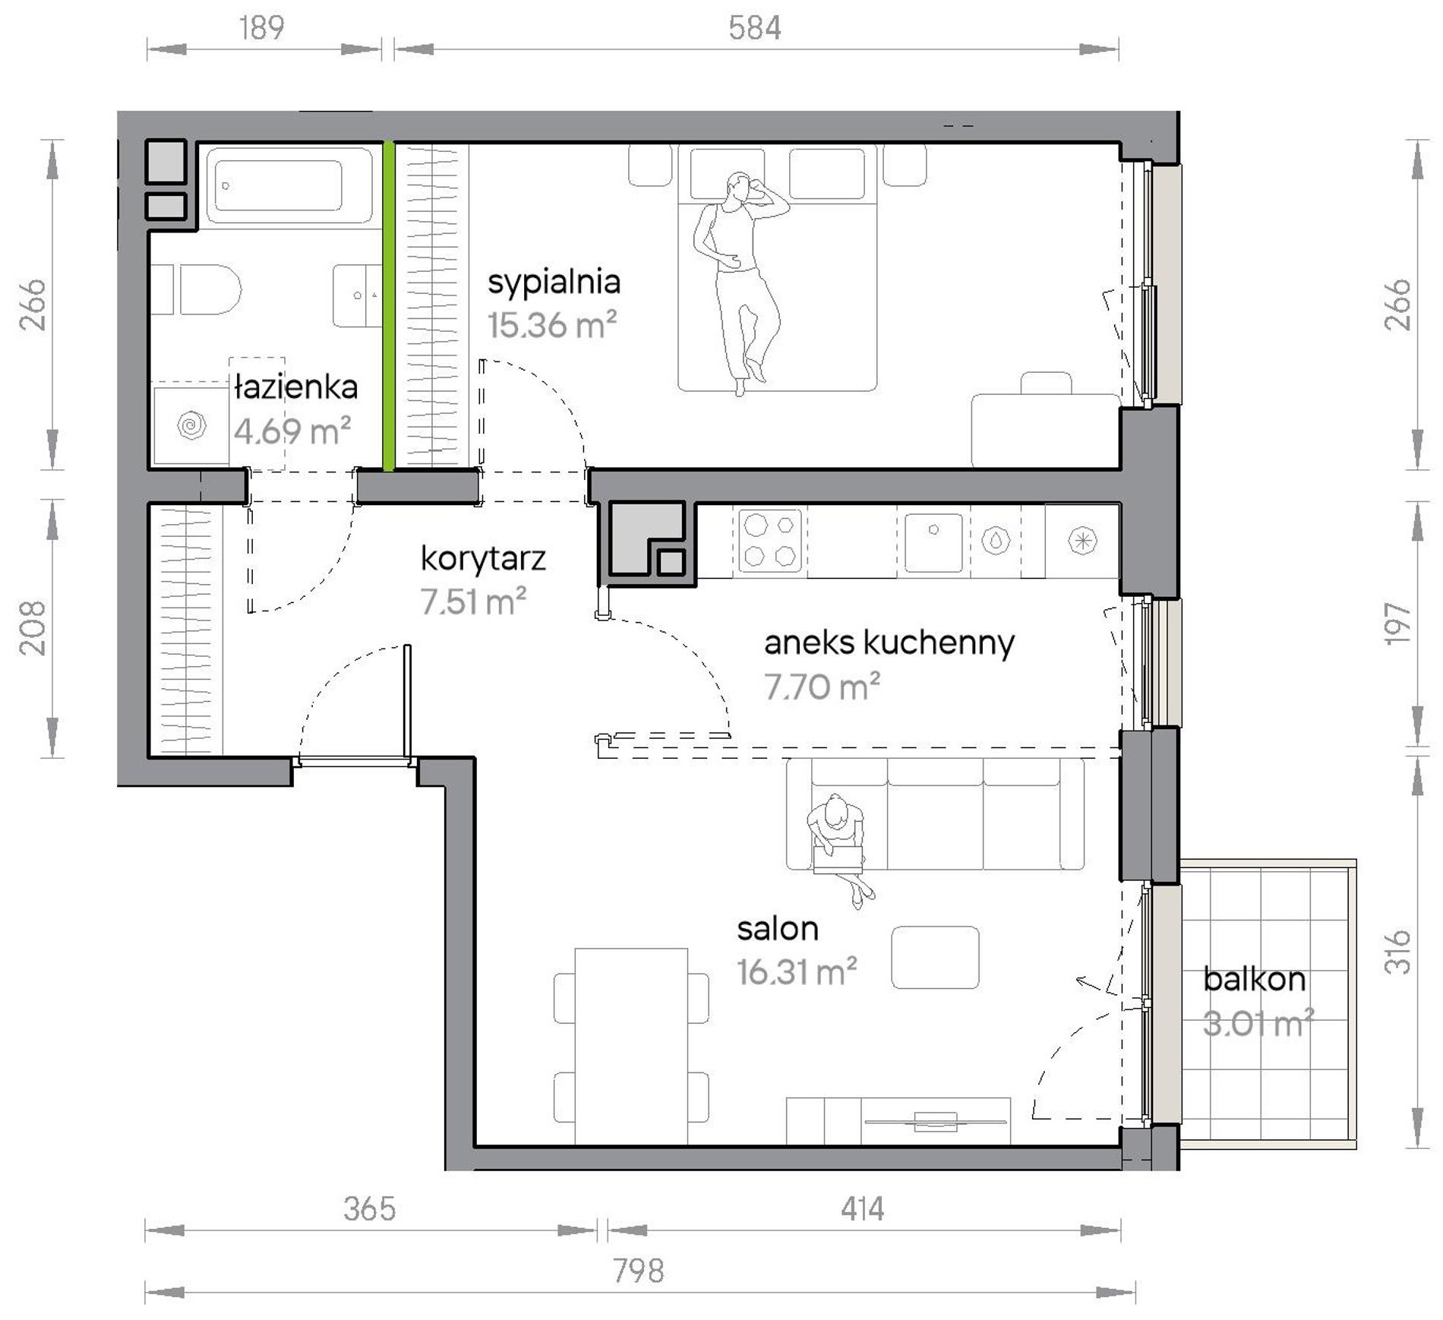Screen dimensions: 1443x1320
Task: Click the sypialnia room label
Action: point(554,283)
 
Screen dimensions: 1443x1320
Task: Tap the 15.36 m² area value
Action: point(551,325)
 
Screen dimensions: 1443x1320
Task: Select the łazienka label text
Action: point(295,387)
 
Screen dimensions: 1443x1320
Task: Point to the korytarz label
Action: point(483,559)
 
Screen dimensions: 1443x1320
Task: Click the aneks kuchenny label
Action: point(889,643)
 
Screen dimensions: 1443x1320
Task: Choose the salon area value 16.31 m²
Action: point(797,971)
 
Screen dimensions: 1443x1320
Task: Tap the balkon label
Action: point(1254,979)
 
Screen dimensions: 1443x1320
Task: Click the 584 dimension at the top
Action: point(754,28)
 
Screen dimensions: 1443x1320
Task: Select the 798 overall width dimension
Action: point(638,1271)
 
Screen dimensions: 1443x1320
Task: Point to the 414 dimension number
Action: point(862,1208)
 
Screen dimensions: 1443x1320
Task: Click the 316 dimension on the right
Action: point(1397,951)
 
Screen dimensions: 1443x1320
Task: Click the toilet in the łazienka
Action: point(196,289)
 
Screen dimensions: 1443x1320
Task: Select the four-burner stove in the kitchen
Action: point(770,540)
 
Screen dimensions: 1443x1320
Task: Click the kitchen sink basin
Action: point(933,542)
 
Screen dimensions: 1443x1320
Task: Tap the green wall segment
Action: point(388,306)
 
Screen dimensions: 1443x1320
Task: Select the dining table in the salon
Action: point(631,1046)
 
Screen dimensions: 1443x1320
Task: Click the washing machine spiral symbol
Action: point(191,425)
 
